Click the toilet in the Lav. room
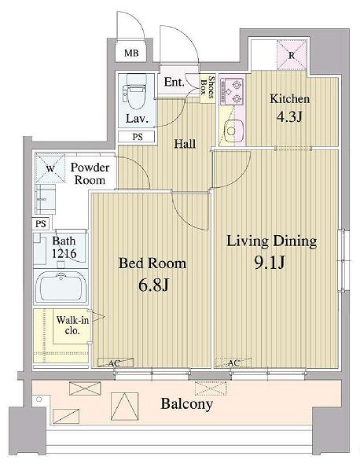click(134, 92)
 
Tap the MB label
click(131, 53)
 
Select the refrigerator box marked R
click(292, 55)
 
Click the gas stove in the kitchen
click(232, 91)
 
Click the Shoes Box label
click(208, 86)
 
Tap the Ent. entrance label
click(174, 82)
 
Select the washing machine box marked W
click(50, 168)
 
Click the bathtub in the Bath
click(61, 287)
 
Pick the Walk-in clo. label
click(72, 325)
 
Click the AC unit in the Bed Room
click(116, 362)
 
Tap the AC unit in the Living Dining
click(233, 362)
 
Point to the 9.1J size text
click(270, 263)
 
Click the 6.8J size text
click(154, 285)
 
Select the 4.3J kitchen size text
click(288, 117)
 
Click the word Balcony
click(187, 403)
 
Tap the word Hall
click(185, 144)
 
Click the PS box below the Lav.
click(137, 137)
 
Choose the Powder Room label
click(90, 174)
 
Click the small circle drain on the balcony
click(39, 399)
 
